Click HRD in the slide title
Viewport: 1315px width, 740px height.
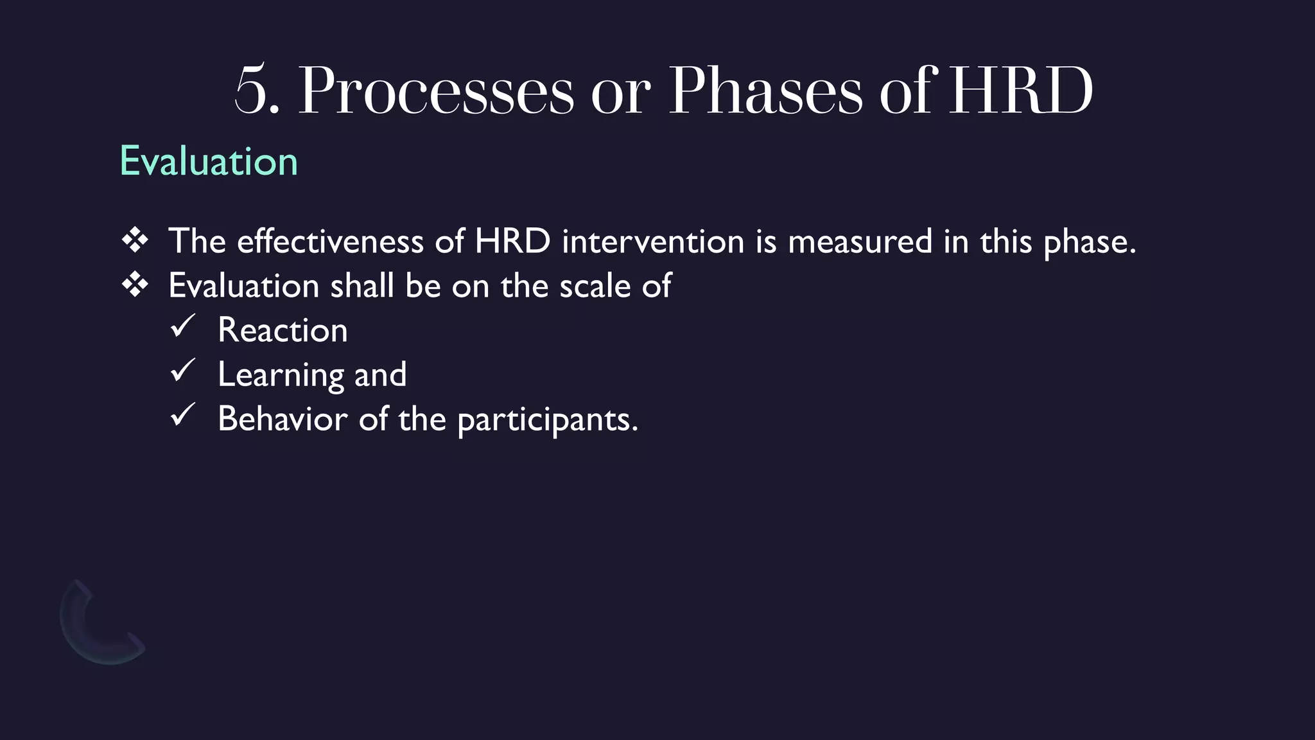click(1020, 91)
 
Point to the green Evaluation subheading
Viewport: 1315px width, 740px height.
click(209, 161)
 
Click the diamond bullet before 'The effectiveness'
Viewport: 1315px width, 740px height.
click(135, 241)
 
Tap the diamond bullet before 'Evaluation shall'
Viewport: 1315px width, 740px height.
click(135, 285)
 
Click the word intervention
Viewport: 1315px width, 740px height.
click(652, 242)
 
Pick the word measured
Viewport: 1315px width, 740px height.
click(860, 242)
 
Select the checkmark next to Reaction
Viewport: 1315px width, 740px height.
click(183, 327)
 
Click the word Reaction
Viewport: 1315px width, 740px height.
click(283, 330)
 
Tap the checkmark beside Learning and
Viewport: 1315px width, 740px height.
click(183, 371)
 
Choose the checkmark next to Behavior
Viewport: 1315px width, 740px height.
click(183, 416)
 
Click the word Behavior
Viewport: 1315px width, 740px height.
click(283, 419)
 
